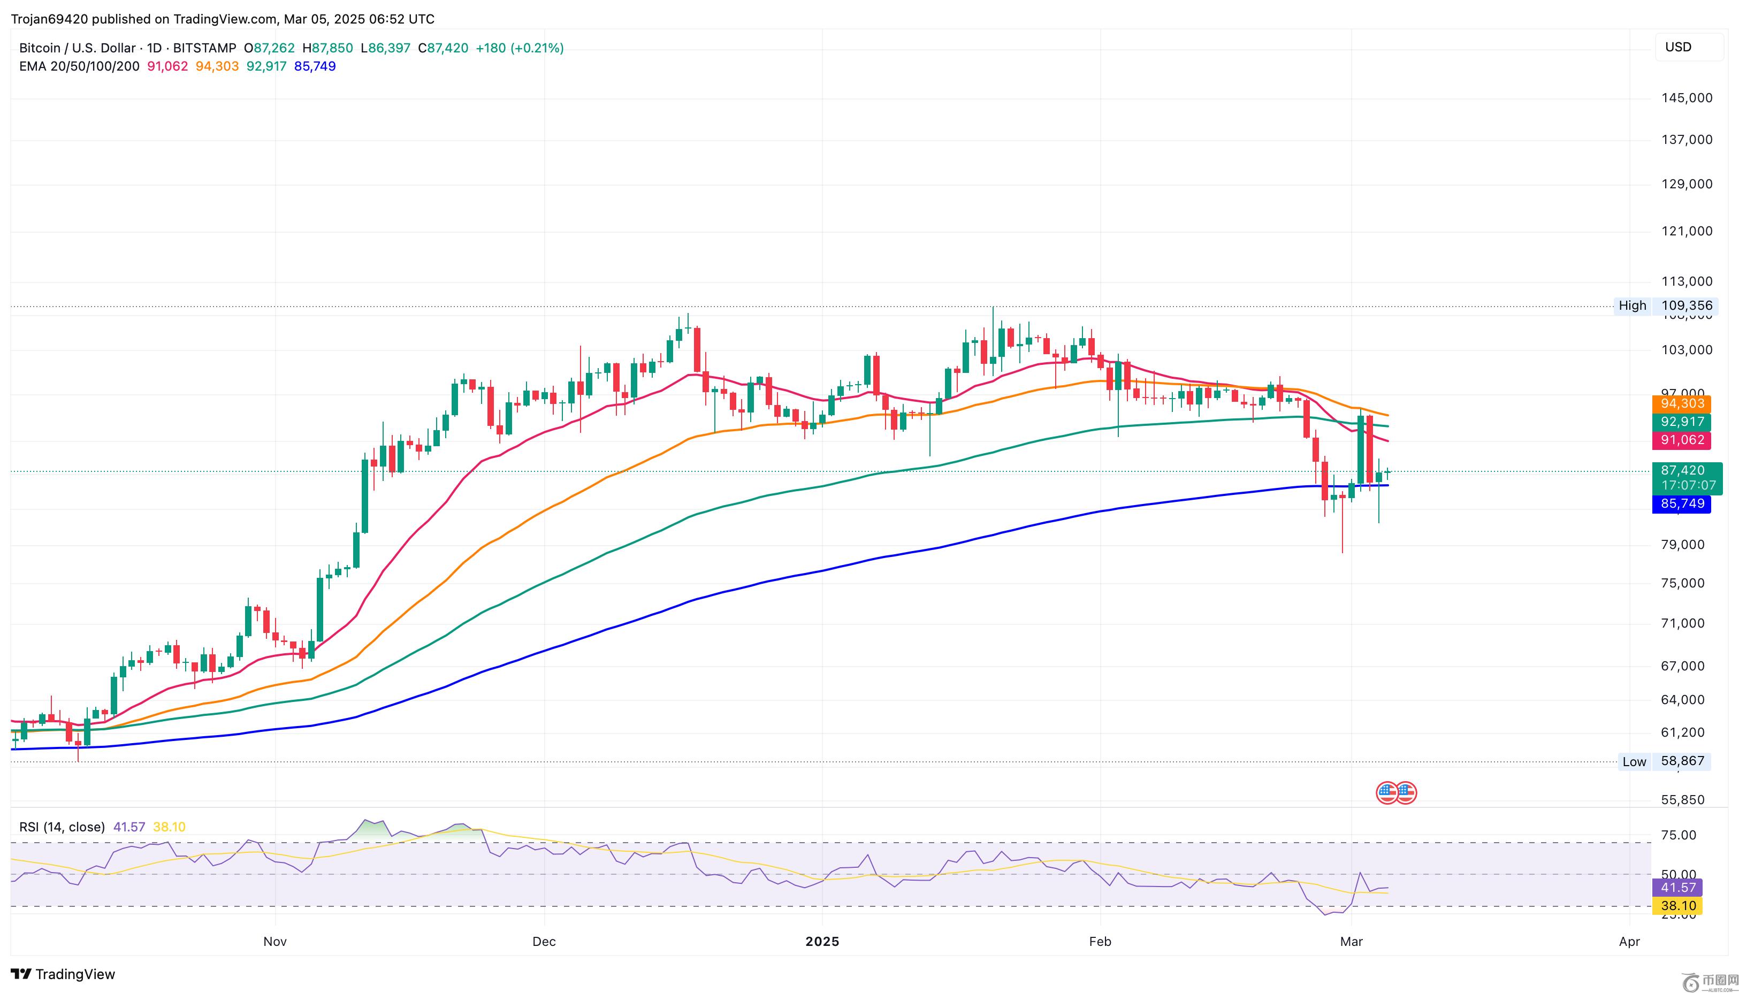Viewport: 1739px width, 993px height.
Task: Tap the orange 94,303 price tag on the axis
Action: [x=1682, y=404]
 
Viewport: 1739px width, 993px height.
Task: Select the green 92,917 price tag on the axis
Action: [x=1682, y=422]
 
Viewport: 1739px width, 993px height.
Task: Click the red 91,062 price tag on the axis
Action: [x=1682, y=440]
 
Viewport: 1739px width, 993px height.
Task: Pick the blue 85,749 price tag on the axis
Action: [x=1682, y=504]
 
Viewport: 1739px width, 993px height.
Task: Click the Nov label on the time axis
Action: [x=275, y=942]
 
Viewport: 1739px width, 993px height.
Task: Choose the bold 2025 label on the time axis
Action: [x=822, y=942]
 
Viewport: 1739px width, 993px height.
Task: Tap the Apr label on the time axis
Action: [x=1629, y=942]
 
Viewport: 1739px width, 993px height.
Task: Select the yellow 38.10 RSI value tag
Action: [x=1677, y=906]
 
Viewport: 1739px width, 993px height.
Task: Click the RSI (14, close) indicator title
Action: [x=62, y=827]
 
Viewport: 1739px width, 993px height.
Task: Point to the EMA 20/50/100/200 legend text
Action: [x=79, y=66]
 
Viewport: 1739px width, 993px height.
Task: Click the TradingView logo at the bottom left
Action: [x=64, y=974]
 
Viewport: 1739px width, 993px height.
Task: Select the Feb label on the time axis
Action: [x=1100, y=942]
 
